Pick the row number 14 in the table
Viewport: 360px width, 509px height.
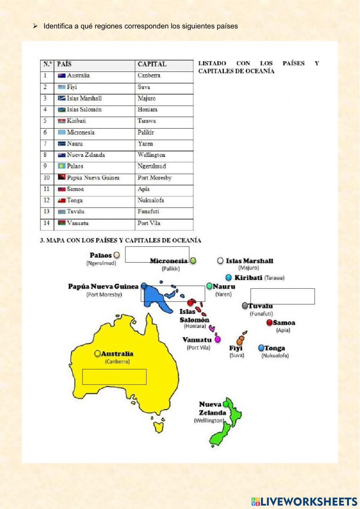coord(46,223)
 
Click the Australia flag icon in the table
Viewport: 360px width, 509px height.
coord(62,76)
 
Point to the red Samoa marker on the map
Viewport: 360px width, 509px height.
coord(269,322)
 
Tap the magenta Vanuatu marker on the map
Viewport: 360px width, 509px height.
coord(217,339)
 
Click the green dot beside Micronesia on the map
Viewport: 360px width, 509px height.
coord(193,260)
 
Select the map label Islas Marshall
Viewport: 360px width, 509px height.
coord(249,261)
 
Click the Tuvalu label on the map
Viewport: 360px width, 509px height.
coord(261,306)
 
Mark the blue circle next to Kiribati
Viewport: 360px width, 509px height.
coord(229,278)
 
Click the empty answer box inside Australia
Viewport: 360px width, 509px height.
coord(114,377)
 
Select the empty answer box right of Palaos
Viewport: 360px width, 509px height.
coord(157,254)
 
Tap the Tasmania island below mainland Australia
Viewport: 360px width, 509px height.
coord(158,427)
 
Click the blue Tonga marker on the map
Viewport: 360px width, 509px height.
coord(261,348)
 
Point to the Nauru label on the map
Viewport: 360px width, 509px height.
coord(224,287)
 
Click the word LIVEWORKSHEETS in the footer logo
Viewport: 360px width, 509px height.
coord(309,502)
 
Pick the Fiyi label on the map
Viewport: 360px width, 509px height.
coord(236,348)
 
